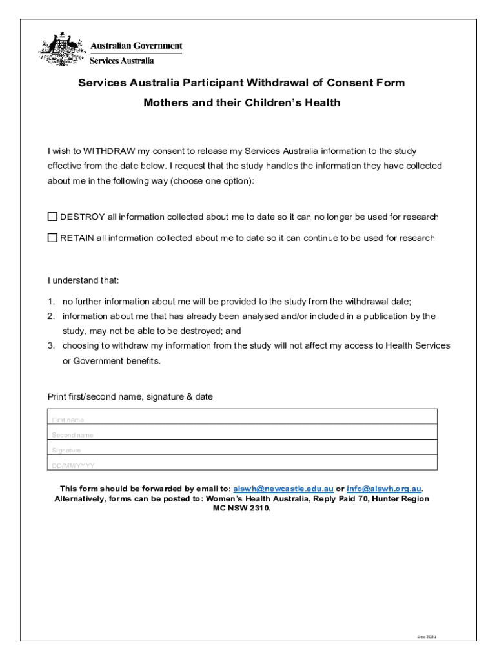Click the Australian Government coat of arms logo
coord(61,49)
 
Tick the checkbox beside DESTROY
coord(52,217)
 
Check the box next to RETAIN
coord(52,238)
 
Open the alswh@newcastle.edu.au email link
coord(283,489)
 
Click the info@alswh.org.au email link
coord(384,489)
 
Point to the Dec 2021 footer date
coord(427,637)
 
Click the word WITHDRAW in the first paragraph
coord(109,151)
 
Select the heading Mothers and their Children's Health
coord(241,103)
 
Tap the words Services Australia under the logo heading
coord(121,61)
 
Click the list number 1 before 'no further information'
coord(50,302)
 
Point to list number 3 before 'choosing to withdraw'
coord(50,346)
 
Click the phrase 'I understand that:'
coord(83,281)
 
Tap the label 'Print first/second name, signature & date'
coord(130,397)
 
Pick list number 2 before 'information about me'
coord(50,316)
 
